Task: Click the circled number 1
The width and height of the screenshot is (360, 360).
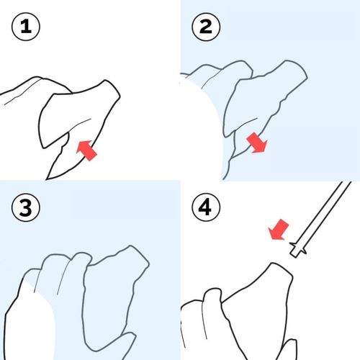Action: [x=26, y=27]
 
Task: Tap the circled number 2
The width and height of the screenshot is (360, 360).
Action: [x=206, y=27]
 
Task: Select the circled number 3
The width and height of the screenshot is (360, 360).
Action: [x=26, y=207]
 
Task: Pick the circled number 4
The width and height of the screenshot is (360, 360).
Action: [x=206, y=207]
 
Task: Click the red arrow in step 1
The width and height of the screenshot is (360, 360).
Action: [x=86, y=150]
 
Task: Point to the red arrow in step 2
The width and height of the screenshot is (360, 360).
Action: [x=257, y=143]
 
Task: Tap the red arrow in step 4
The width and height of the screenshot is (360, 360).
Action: [x=279, y=229]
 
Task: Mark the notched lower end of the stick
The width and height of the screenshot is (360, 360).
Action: [x=297, y=250]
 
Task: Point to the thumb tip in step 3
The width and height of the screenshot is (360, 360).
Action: [x=130, y=336]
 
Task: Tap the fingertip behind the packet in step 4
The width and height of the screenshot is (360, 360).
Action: [x=212, y=294]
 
